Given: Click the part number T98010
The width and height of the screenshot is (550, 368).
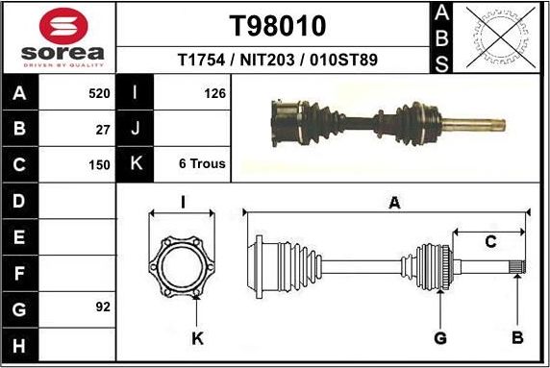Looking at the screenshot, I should [277, 25].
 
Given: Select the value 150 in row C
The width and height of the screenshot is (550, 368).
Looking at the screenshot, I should [99, 163].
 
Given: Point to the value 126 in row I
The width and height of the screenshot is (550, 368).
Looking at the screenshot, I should [214, 93].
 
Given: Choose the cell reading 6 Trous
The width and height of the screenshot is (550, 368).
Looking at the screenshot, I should [202, 163].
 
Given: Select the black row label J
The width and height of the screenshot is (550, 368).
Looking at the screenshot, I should [135, 128].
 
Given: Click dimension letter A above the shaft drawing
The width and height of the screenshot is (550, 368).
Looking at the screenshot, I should [393, 202].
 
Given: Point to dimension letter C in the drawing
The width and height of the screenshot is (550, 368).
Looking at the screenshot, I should [489, 242].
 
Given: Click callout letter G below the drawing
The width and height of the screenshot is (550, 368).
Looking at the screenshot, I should [440, 337].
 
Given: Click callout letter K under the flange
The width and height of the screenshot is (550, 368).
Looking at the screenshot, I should [197, 337].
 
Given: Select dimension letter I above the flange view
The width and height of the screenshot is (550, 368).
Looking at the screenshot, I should [183, 201].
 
